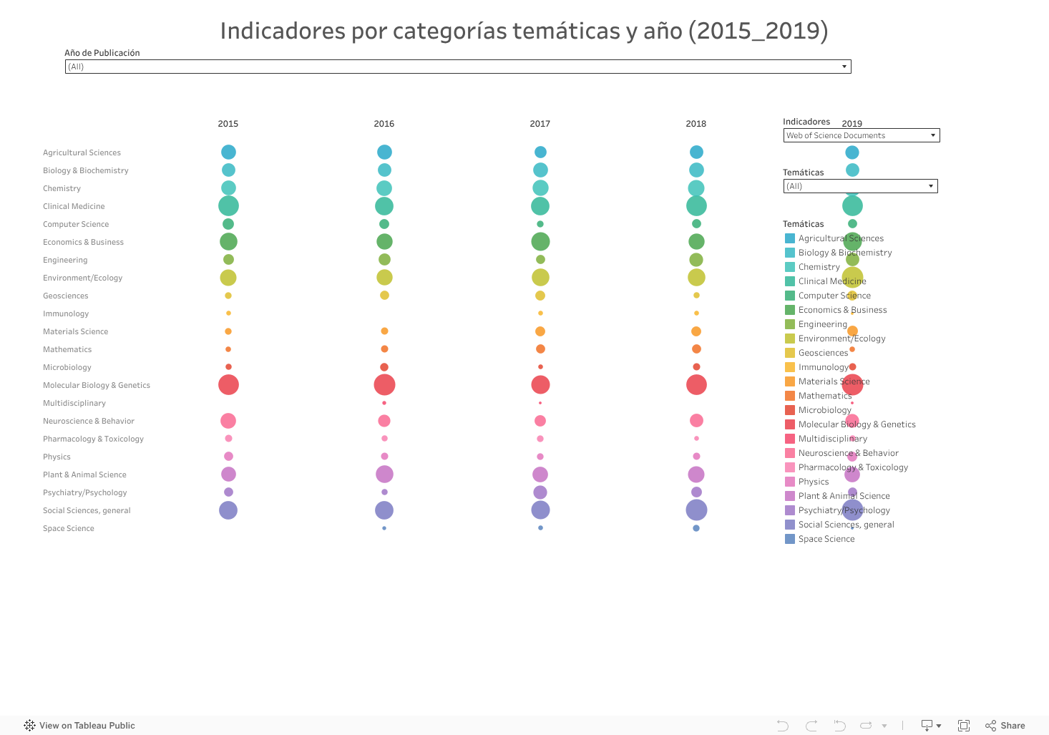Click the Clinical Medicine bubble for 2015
[228, 206]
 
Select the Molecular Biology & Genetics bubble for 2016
[384, 385]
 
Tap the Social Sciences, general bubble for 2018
[696, 510]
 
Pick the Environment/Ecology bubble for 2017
[540, 278]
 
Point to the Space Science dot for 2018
[696, 528]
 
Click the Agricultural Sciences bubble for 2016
[384, 152]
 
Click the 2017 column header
[540, 124]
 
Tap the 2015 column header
[228, 124]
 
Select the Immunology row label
[66, 313]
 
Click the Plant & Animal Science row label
[84, 474]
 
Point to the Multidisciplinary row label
[74, 403]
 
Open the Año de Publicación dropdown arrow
[844, 67]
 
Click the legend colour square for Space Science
[790, 539]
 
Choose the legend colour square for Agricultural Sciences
[790, 238]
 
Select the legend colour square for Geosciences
[790, 353]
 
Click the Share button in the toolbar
[1005, 726]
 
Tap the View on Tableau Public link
[79, 726]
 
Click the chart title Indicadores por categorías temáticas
[524, 31]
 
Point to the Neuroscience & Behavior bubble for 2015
[228, 421]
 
